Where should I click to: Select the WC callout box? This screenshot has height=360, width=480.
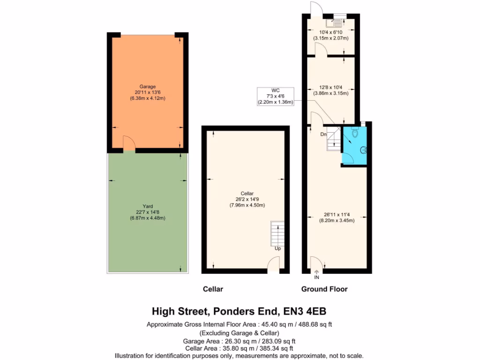pyautogui.click(x=275, y=96)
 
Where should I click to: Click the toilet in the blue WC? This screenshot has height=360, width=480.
pyautogui.click(x=356, y=135)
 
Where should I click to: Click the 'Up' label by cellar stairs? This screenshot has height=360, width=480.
pyautogui.click(x=277, y=248)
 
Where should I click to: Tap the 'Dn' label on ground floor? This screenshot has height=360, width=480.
pyautogui.click(x=323, y=135)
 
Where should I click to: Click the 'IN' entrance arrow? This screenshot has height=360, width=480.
pyautogui.click(x=316, y=274)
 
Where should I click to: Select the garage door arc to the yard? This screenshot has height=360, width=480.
pyautogui.click(x=129, y=143)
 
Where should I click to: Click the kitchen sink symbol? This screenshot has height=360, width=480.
pyautogui.click(x=337, y=22)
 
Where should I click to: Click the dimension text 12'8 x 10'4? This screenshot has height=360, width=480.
pyautogui.click(x=330, y=87)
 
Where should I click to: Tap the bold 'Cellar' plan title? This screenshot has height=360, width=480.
pyautogui.click(x=213, y=289)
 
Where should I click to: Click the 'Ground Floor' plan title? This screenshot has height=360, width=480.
pyautogui.click(x=324, y=289)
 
